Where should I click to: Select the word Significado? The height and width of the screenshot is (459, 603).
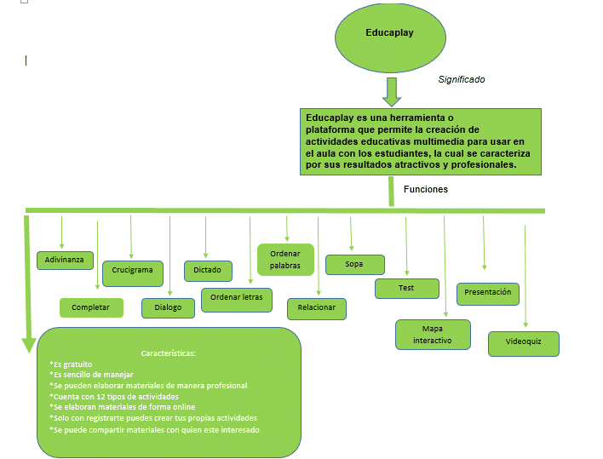tap(462, 79)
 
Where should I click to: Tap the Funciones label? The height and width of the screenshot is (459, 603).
tap(426, 189)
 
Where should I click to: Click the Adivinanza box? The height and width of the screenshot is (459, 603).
tap(66, 260)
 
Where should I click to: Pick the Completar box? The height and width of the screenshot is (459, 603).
tap(91, 307)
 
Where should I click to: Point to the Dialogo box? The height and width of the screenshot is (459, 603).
tap(168, 307)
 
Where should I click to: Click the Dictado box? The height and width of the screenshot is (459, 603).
tap(207, 271)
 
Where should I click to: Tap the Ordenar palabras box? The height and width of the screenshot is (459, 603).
tap(285, 260)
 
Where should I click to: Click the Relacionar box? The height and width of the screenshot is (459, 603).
tap(317, 307)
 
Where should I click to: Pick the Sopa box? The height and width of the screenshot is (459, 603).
tap(354, 265)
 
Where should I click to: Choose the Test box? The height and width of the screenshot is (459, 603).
tap(406, 289)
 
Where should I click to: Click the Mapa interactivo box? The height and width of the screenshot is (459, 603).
tap(433, 334)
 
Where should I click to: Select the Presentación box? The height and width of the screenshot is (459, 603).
tap(488, 293)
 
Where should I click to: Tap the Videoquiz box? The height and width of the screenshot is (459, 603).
tap(523, 343)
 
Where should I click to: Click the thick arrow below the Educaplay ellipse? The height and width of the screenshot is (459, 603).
tap(391, 91)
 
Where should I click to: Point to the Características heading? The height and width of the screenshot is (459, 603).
tap(169, 353)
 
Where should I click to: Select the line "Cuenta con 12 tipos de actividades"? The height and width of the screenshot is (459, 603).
tap(114, 397)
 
